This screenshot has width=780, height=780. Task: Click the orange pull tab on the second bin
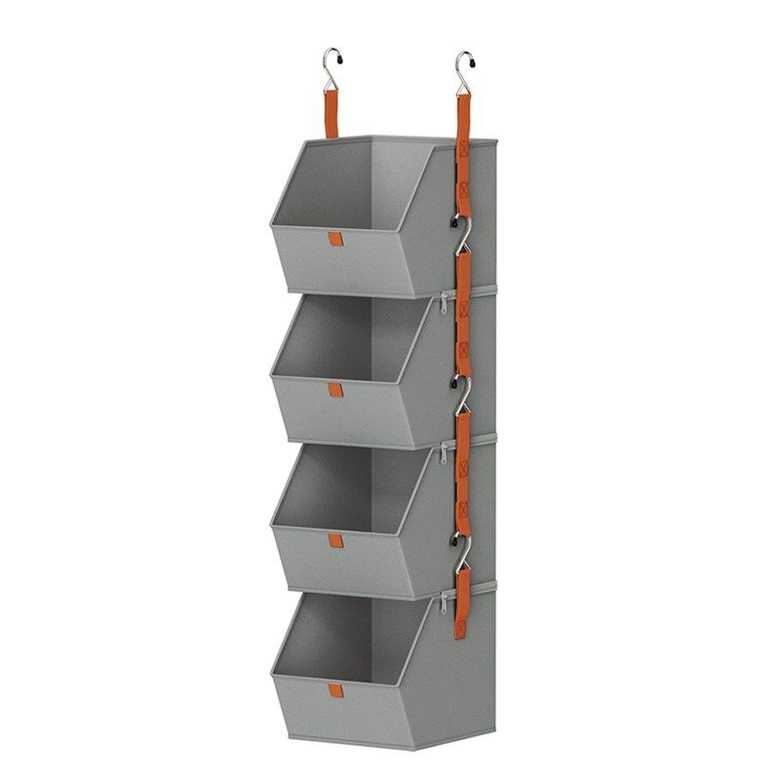coord(334,390)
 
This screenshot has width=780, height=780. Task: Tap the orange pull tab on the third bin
coord(334,540)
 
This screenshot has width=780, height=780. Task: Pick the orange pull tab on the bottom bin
coord(335,690)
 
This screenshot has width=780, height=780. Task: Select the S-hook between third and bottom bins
coord(461,546)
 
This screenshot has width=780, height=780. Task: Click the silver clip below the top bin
coord(445,303)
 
